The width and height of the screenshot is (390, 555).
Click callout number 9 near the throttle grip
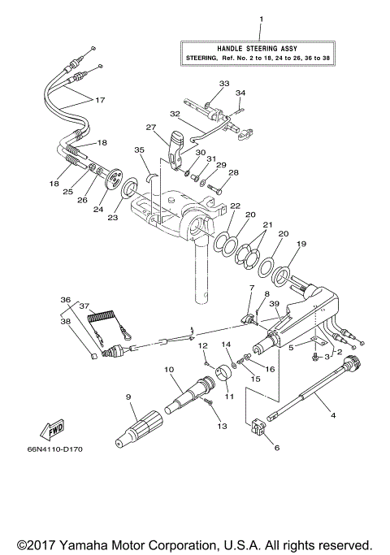click(128, 397)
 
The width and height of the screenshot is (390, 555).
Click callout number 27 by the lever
click(150, 127)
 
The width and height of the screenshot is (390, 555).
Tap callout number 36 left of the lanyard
click(65, 298)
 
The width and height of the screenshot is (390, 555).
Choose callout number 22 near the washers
click(234, 206)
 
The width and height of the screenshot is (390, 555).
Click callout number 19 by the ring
click(301, 244)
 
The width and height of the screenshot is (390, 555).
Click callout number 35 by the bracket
click(138, 150)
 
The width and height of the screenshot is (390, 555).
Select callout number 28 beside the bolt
click(234, 172)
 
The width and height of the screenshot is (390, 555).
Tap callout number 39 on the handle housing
click(275, 303)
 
